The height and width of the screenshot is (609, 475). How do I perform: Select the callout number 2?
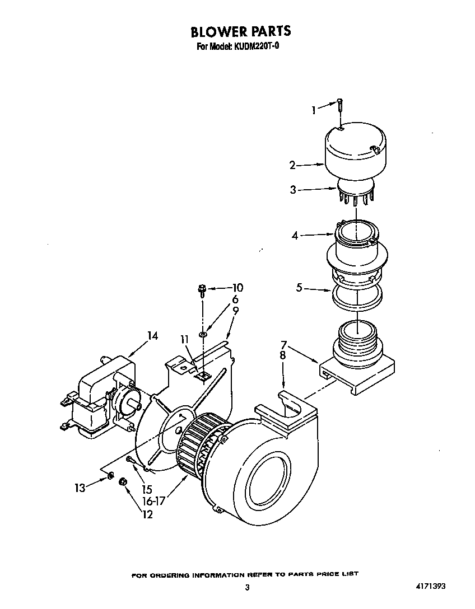(292, 165)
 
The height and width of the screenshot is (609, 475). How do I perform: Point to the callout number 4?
(295, 236)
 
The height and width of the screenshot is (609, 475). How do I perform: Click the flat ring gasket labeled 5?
(357, 296)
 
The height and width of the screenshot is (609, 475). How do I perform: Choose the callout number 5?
(300, 288)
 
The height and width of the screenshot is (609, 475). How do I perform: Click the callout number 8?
(283, 355)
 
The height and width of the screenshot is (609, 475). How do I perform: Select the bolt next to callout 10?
(202, 290)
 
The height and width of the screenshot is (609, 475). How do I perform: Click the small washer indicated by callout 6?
(203, 335)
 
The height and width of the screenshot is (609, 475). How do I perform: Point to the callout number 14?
(152, 336)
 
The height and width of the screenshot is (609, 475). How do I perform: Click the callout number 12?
(147, 514)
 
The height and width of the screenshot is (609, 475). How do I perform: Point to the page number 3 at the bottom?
(246, 587)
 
